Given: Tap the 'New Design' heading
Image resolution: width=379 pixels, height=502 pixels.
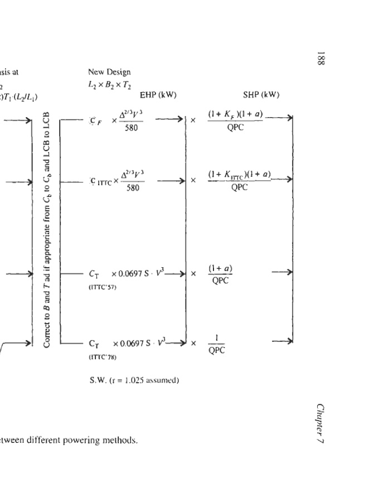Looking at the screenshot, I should [109, 72].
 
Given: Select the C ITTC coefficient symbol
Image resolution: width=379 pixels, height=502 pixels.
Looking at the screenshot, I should [99, 182].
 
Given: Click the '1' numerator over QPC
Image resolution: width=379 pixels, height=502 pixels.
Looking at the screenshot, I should [221, 337].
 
